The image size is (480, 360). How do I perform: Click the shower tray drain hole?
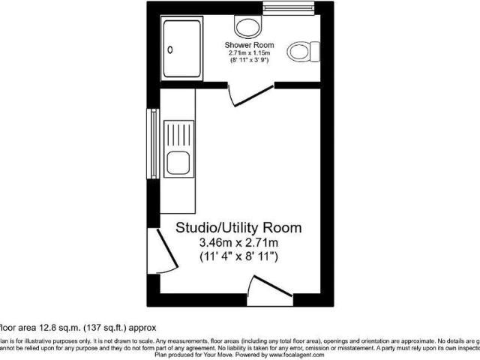[x=169, y=50]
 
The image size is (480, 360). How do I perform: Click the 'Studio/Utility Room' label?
[x=238, y=227]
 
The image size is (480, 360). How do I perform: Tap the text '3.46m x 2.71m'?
[x=238, y=242]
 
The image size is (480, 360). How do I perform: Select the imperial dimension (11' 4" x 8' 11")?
[x=238, y=257]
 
